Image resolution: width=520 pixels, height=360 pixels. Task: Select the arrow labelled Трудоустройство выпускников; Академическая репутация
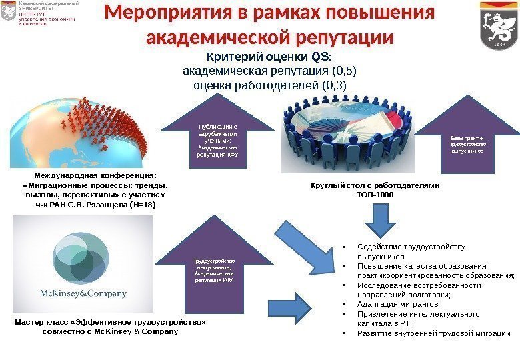pyautogui.click(x=213, y=267)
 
